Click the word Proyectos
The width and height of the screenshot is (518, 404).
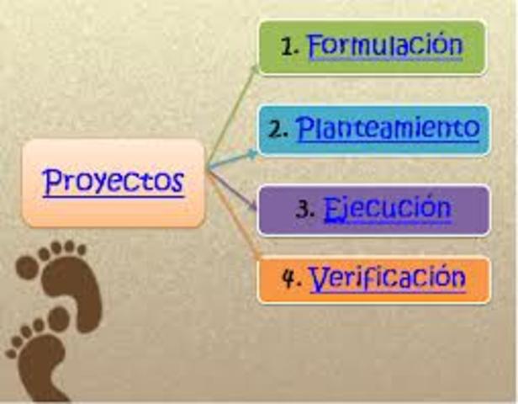click(x=114, y=181)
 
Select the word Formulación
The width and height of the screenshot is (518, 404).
click(x=385, y=45)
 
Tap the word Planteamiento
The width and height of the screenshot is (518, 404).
click(x=388, y=129)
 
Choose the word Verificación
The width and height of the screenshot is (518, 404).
click(x=387, y=278)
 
